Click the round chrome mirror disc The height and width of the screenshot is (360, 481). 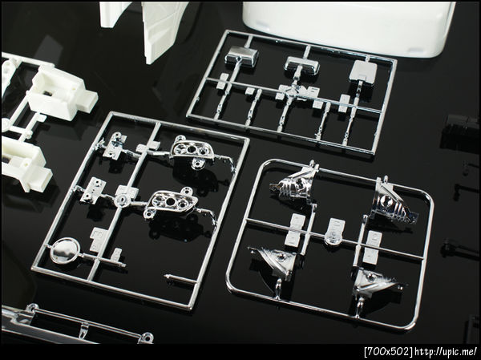(x=65, y=250)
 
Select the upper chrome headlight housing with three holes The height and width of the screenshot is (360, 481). (x=192, y=151)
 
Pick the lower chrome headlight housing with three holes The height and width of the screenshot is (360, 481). (x=172, y=203)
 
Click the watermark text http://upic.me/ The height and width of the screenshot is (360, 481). (x=446, y=351)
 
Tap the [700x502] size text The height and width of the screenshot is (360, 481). (x=389, y=351)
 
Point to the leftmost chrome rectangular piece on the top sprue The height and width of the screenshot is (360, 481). (x=240, y=56)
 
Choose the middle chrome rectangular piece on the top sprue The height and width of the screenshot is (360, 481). (x=301, y=66)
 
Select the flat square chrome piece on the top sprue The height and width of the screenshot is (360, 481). (x=363, y=71)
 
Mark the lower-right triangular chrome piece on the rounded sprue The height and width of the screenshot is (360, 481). (x=374, y=282)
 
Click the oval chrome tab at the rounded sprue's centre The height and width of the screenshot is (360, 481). (x=334, y=233)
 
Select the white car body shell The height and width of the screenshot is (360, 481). (x=348, y=27)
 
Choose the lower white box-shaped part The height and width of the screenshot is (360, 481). (x=26, y=164)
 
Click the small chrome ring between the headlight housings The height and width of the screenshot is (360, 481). (x=123, y=200)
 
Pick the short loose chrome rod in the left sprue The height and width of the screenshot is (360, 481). (x=180, y=278)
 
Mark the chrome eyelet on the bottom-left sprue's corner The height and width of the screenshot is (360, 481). (x=147, y=338)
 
